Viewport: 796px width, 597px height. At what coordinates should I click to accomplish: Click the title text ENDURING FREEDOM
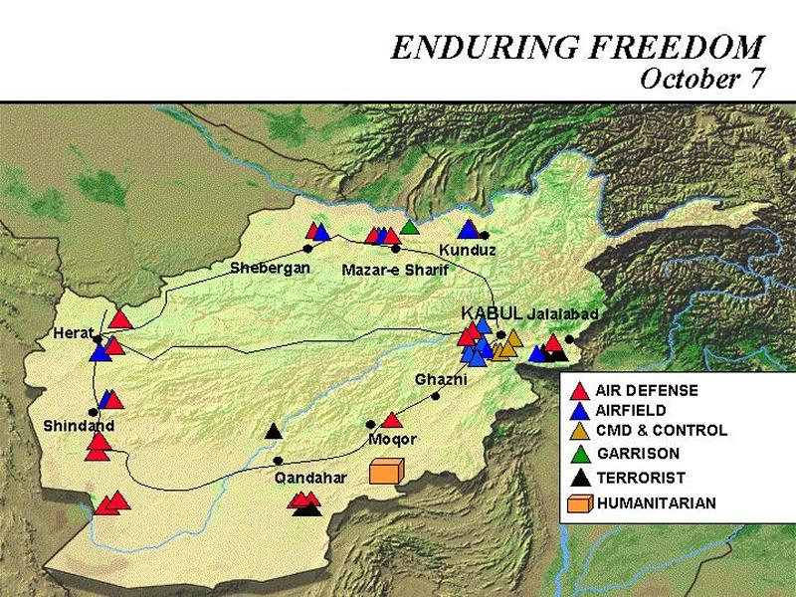(577, 47)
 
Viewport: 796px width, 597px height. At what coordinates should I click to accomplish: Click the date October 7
(701, 80)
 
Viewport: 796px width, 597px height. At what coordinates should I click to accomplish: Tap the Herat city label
(74, 333)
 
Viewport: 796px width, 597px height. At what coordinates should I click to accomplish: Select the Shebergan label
(270, 268)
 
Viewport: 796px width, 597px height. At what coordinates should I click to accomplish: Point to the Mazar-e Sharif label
(395, 270)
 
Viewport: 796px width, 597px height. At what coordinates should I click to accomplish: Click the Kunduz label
(467, 251)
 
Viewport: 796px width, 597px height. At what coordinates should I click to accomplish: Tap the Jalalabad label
(564, 313)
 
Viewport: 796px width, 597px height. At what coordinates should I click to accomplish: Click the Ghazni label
(441, 379)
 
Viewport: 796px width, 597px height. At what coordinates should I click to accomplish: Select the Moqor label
(392, 439)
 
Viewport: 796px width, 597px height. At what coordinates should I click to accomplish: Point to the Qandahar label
(310, 478)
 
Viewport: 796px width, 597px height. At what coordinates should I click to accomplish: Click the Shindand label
(79, 426)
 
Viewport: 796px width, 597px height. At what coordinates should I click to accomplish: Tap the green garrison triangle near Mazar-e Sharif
(409, 227)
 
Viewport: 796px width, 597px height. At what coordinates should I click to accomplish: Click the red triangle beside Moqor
(392, 420)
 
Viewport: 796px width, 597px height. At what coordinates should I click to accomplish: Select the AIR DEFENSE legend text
(647, 390)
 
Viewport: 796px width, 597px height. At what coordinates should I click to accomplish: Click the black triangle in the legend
(581, 477)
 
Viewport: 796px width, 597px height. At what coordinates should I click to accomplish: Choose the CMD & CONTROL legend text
(662, 431)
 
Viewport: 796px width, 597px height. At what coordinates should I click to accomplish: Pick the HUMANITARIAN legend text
(656, 503)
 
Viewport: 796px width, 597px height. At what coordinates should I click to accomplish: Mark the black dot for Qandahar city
(279, 461)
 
